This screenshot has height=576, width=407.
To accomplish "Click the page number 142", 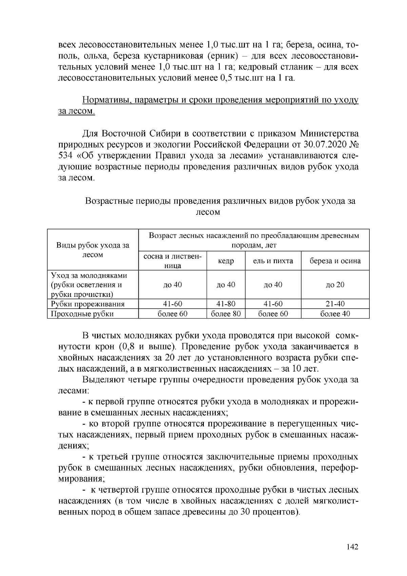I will click(353, 547).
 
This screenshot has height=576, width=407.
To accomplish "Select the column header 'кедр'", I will click(226, 261).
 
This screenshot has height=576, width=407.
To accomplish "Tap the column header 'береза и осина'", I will click(335, 261).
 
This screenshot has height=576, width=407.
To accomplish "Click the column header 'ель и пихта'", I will click(273, 261).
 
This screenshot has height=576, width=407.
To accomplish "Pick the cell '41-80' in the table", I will click(226, 304).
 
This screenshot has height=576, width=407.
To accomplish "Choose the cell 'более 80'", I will click(226, 314).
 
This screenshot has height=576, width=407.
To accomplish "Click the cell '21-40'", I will click(335, 304).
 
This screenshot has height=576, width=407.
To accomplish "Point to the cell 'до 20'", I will click(335, 285).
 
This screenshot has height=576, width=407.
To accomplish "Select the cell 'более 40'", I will click(335, 314).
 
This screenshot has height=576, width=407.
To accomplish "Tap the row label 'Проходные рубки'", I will click(82, 314).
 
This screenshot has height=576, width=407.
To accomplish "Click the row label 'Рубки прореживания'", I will click(88, 304).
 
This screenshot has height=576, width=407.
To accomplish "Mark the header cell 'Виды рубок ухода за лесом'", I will click(93, 250).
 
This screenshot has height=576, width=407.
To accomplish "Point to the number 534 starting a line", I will click(66, 156).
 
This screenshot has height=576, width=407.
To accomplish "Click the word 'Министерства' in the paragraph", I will click(329, 134).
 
